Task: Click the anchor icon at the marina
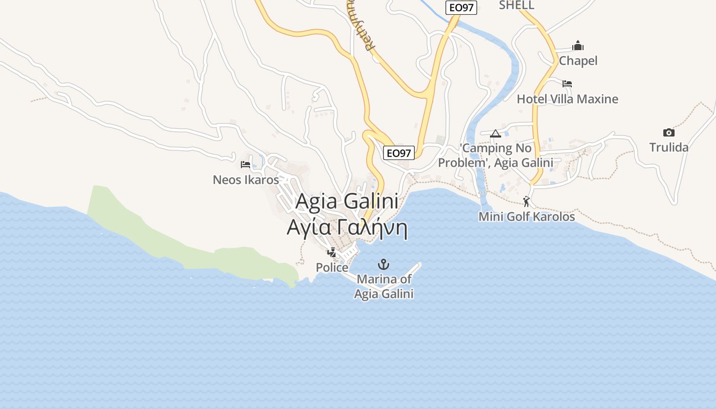pos(383,264)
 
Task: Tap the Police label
pos(332,267)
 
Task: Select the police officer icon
pos(331,252)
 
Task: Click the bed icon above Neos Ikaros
pos(245,165)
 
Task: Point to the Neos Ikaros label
pos(246,180)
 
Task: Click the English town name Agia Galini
pos(347,201)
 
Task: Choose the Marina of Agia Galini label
pos(384,287)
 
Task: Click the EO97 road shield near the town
pos(399,153)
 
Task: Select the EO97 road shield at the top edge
pos(461,8)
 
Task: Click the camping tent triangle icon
pos(495,134)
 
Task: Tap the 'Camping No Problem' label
pos(496,155)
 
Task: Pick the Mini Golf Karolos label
pos(527,217)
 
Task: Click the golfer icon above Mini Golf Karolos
pos(526,201)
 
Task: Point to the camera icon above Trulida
pos(668,133)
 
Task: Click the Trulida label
pos(669,147)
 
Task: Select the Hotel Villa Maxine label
pos(568,99)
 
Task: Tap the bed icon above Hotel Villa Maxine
pos(567,84)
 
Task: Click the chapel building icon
pos(578,46)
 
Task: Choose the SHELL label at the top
pos(517,5)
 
